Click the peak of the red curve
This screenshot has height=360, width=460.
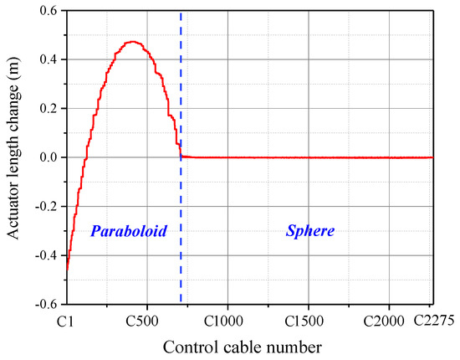(132, 42)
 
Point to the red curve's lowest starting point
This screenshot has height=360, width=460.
(67, 271)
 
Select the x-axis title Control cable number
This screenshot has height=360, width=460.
(249, 345)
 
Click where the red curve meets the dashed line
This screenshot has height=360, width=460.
(181, 155)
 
